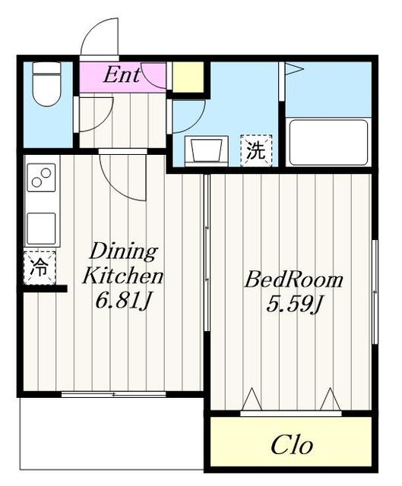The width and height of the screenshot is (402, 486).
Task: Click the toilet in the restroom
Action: coord(46,84)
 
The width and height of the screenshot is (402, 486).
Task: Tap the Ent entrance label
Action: coord(122,75)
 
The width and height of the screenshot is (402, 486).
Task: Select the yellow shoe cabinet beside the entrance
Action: coord(188,77)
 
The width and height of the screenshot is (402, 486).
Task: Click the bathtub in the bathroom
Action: coord(328,143)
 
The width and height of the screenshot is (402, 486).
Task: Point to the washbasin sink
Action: coord(207,150)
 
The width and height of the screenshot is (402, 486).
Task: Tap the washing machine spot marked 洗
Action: coord(256,150)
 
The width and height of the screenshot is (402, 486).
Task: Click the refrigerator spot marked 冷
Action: coord(40,267)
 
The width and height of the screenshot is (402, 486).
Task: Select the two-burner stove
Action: coord(41,178)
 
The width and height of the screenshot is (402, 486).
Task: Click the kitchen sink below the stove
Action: coord(41,229)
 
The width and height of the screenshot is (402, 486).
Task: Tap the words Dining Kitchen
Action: coord(122,264)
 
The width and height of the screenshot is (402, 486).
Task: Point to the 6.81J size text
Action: coord(123,301)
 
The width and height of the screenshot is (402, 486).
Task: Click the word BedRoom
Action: coord(293,279)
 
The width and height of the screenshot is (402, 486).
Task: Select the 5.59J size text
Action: coord(295,305)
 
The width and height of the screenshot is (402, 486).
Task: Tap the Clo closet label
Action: coord(292,446)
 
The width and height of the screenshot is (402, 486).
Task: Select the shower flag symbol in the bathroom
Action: coord(293,69)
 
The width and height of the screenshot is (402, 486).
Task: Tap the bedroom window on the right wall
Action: coord(375,292)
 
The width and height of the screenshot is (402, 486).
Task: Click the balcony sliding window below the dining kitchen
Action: coord(113,395)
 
